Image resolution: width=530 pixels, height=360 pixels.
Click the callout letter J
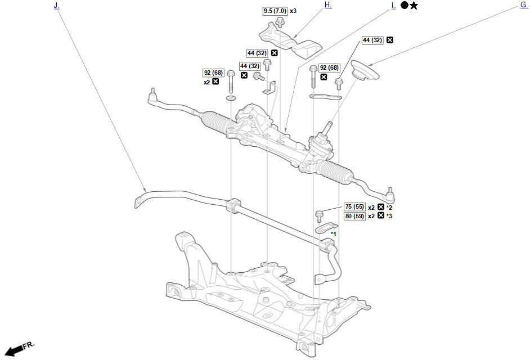click(56, 5)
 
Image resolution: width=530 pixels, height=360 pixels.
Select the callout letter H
click(327, 5)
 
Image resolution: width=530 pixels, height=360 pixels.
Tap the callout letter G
click(523, 5)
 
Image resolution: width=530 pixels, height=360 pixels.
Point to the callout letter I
click(393, 5)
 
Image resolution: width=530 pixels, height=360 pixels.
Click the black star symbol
click(414, 6)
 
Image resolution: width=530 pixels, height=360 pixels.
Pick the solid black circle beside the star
click(404, 6)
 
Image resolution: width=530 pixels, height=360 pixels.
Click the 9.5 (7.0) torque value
click(275, 11)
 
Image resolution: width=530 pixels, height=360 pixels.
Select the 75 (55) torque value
click(355, 207)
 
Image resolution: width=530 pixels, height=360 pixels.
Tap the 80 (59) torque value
click(355, 215)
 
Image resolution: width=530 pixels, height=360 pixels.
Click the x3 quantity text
click(293, 11)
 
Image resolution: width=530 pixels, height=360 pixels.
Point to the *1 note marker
click(333, 234)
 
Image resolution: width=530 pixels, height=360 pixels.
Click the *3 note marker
click(389, 215)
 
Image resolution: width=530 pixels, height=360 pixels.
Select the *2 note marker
click(389, 207)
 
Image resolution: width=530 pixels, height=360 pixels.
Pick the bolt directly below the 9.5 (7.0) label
click(279, 22)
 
